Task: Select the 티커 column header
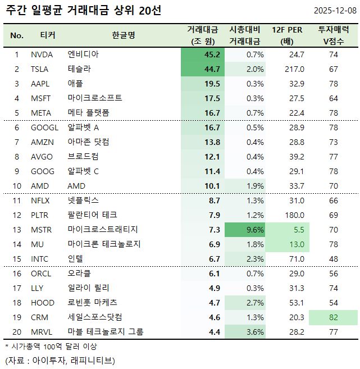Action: pyautogui.click(x=48, y=35)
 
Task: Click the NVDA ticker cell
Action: pyautogui.click(x=42, y=54)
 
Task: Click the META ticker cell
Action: pyautogui.click(x=41, y=113)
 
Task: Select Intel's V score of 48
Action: pyautogui.click(x=334, y=259)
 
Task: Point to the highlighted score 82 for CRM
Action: pyautogui.click(x=334, y=317)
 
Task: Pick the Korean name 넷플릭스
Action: pyautogui.click(x=83, y=201)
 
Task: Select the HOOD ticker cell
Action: pyautogui.click(x=43, y=303)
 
